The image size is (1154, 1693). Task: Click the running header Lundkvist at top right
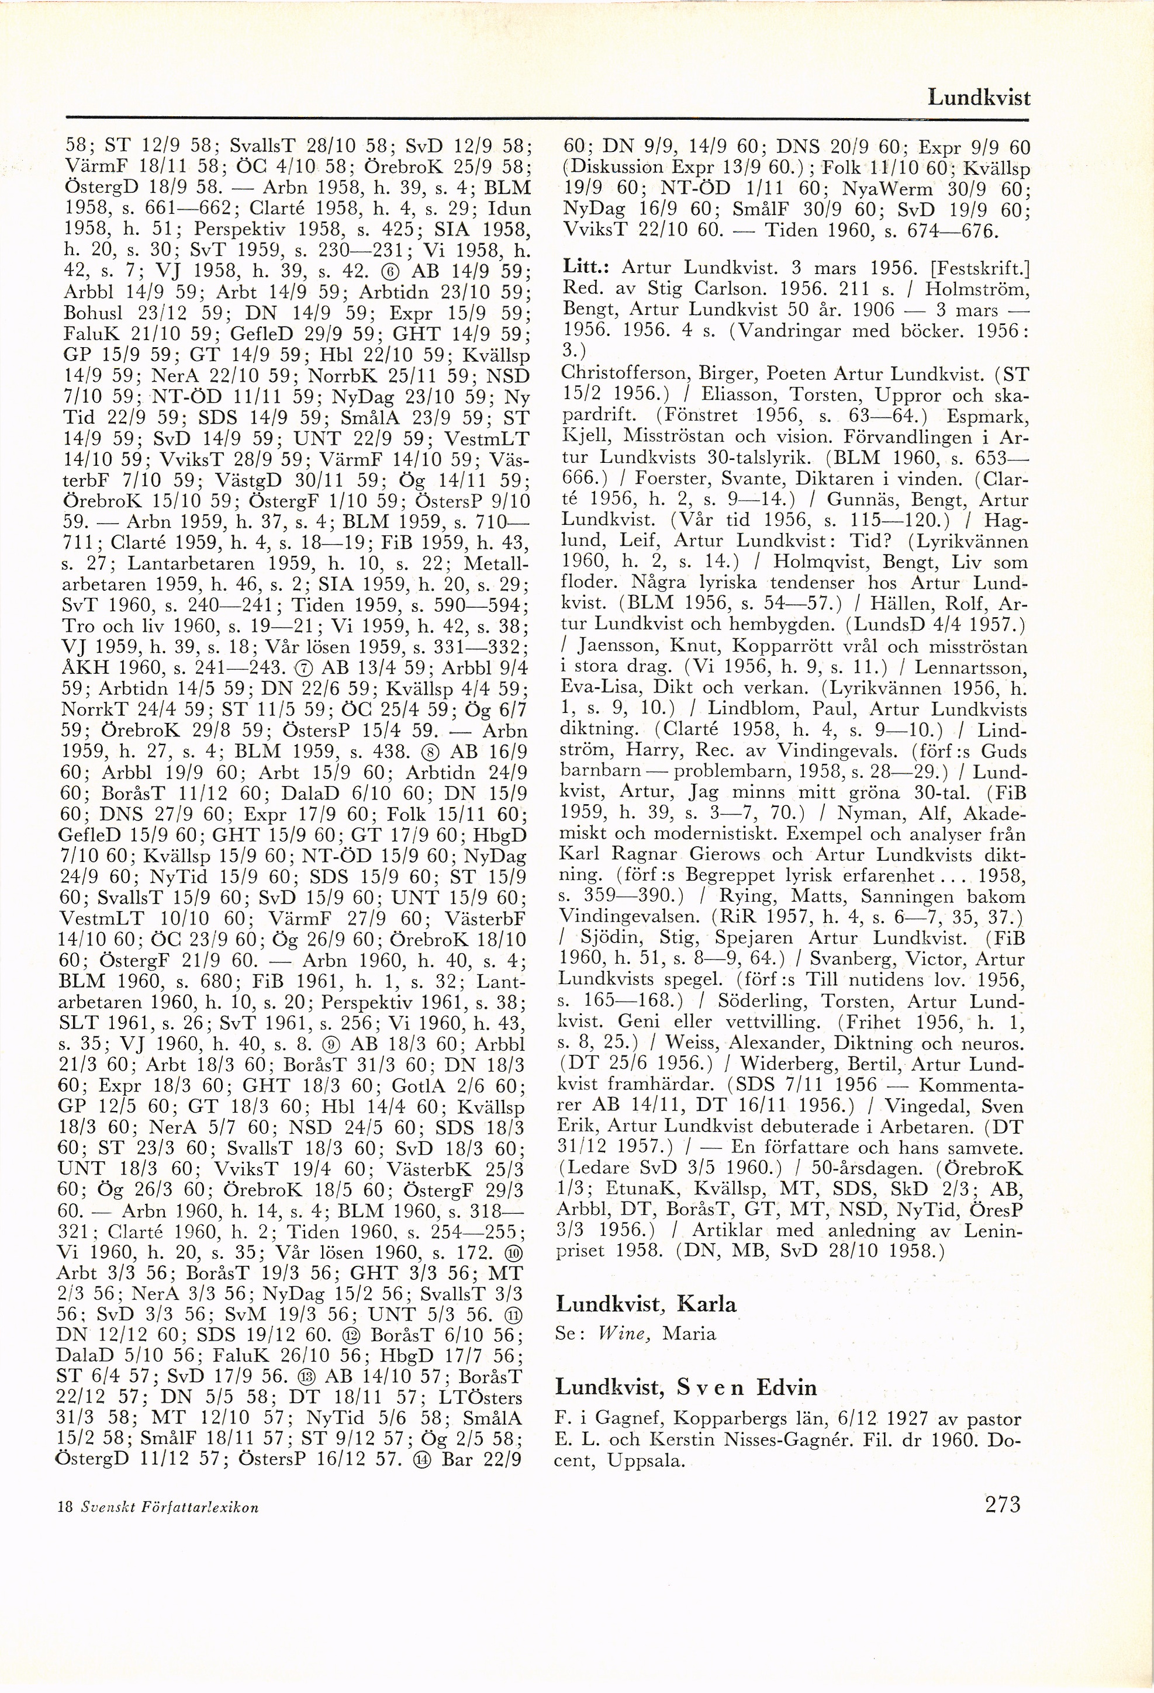(979, 97)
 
